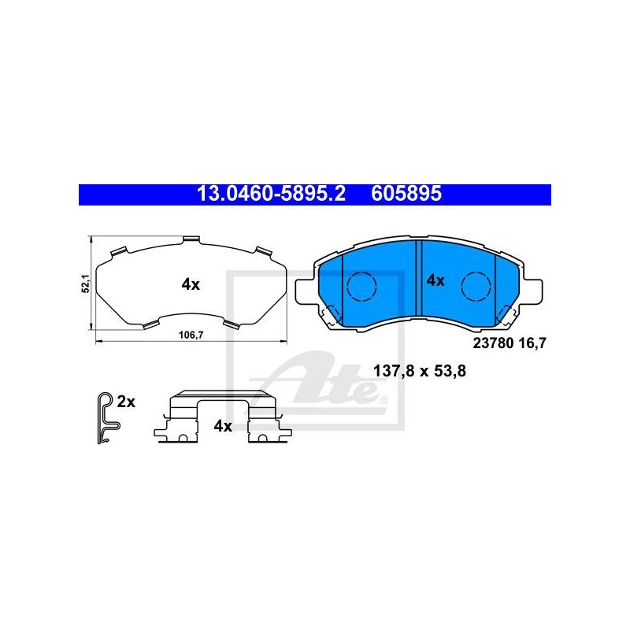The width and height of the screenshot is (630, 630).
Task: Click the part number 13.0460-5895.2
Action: (x=271, y=194)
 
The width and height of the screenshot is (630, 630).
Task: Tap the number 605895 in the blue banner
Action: (x=406, y=194)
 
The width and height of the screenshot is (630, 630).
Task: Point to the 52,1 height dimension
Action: (x=86, y=283)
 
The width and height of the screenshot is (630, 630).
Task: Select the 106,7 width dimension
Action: (x=191, y=335)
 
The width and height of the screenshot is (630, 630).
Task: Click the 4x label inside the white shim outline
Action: (x=191, y=284)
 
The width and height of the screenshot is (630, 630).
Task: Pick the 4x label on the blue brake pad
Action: (x=435, y=280)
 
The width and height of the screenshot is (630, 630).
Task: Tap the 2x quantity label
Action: (x=126, y=402)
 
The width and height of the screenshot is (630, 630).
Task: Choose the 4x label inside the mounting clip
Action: (x=223, y=425)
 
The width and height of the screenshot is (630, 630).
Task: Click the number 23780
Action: (x=494, y=343)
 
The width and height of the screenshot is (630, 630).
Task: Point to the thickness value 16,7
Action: (x=533, y=343)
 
